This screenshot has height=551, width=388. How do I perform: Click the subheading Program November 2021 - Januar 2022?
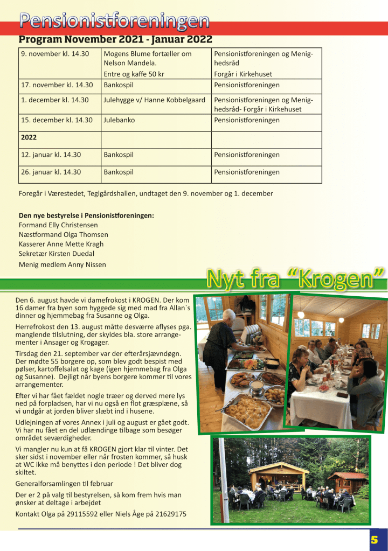(x=115, y=39)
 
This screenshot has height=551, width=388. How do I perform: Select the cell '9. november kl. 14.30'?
(x=54, y=54)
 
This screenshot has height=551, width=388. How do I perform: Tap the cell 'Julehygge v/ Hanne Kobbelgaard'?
(x=154, y=100)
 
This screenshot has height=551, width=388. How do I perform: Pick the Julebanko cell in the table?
(x=119, y=120)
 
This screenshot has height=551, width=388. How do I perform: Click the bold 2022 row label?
(x=29, y=137)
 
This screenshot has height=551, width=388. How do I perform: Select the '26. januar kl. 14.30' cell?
(x=51, y=172)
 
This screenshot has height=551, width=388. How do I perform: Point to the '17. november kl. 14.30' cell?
(x=57, y=85)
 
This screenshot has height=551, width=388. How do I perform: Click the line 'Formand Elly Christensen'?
(x=58, y=225)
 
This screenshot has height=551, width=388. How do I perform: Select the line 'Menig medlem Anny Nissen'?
(x=62, y=264)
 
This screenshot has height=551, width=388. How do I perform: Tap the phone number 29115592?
(x=84, y=514)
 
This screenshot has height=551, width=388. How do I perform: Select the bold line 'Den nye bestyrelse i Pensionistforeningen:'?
(x=86, y=215)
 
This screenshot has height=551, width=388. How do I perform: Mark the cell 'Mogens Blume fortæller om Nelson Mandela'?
(x=147, y=59)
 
